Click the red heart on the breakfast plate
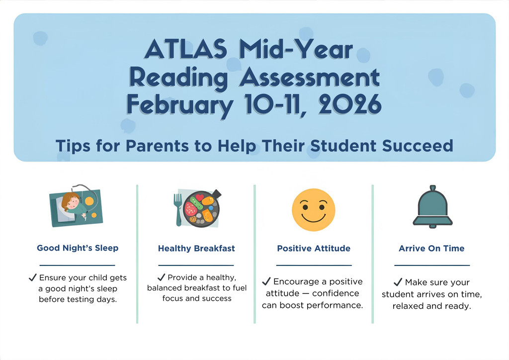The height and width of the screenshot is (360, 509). tap(199, 198)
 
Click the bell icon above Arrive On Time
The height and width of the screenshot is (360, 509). tap(432, 206)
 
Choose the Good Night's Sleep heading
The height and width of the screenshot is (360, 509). tap(78, 248)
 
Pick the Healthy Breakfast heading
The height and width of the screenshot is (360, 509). tap(196, 248)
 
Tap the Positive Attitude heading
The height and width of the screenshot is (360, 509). tap(314, 248)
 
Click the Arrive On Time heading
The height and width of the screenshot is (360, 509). tap(431, 248)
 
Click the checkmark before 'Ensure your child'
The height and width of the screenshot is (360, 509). tap(33, 277)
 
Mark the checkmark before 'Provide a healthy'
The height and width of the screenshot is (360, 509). tap(161, 277)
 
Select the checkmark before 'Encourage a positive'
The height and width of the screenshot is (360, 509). tap(266, 281)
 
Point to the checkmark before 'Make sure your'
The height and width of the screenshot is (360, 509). tap(398, 282)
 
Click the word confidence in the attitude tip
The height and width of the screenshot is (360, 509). tap(336, 293)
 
